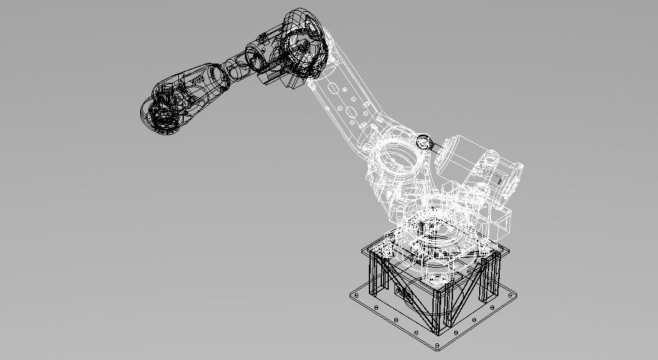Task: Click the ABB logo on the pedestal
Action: pos(402,293)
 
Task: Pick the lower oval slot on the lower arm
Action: pos(351,111)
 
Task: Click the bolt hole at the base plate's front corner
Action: pos(441,346)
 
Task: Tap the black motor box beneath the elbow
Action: pos(277,77)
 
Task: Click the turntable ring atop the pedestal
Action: pos(436,234)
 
